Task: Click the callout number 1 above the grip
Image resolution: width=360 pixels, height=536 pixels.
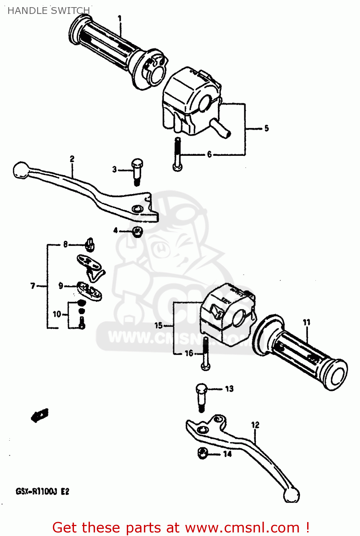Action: coord(120,18)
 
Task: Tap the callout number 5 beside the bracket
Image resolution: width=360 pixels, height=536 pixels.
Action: coord(266,128)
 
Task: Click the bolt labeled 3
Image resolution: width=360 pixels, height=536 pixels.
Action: coord(137,172)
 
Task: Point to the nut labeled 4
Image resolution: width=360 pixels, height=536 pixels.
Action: coord(137,232)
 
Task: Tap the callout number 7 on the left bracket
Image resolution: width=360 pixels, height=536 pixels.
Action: coord(33,286)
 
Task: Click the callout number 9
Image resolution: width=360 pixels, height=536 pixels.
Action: coord(61,286)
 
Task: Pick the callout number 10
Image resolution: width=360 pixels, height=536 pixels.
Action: coord(57,314)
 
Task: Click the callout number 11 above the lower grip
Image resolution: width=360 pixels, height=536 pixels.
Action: coord(306,322)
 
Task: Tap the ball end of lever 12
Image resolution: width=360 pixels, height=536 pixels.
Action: coord(292,495)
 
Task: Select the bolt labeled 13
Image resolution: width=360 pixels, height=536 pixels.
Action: coord(201,397)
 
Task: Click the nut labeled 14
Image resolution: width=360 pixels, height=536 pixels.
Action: coord(202,453)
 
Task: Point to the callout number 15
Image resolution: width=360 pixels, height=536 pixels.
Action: coord(159,325)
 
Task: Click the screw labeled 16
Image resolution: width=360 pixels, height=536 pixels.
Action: coord(206,354)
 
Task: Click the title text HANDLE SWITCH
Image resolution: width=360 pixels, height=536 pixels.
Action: coord(49,11)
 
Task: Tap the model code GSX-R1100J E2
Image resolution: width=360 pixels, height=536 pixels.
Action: coord(42,491)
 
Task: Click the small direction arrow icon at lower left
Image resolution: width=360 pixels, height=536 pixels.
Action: coord(40,415)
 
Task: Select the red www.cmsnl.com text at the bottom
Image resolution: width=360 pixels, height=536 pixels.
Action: coord(242,527)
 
